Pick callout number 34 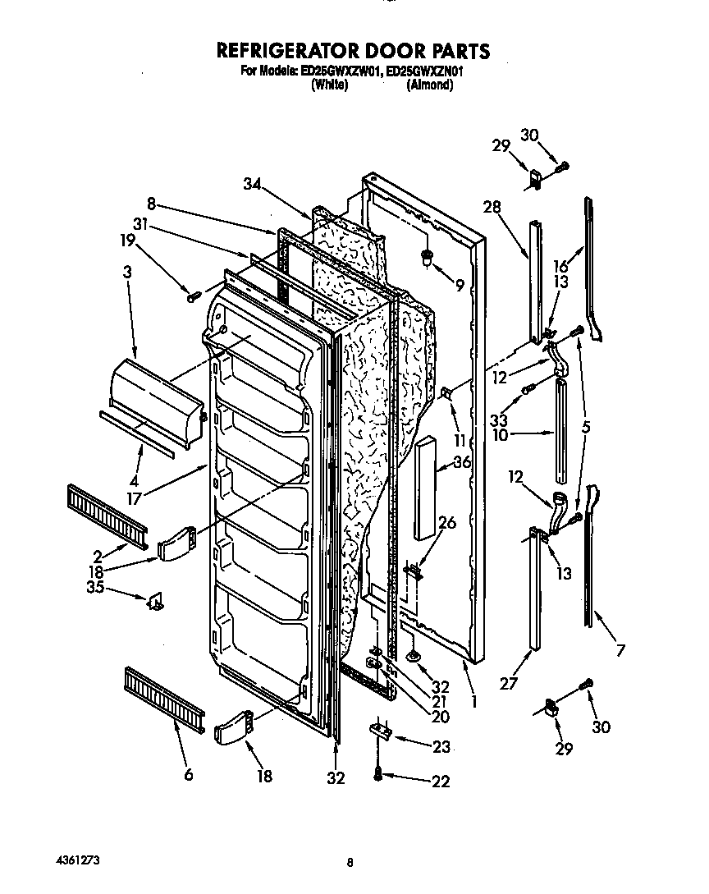(x=254, y=185)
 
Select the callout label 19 (x=126, y=241)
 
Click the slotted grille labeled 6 (x=164, y=697)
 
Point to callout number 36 (x=462, y=462)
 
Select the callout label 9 (x=460, y=287)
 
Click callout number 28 (x=492, y=207)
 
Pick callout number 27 (x=510, y=684)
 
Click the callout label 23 (x=441, y=747)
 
